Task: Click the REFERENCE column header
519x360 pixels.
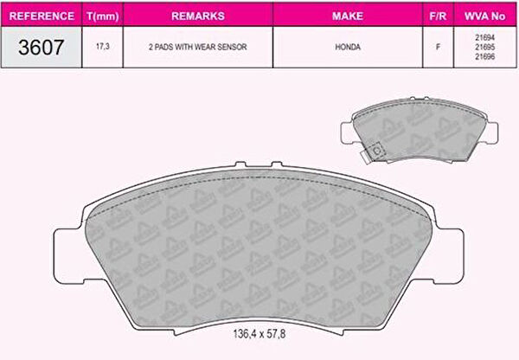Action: point(42,16)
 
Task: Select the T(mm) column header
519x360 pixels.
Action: point(103,16)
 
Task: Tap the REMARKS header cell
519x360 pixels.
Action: point(198,16)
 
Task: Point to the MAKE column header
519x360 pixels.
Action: point(348,16)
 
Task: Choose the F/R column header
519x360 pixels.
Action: point(438,16)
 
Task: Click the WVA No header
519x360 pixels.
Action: point(484,16)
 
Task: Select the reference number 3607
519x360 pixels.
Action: point(41,47)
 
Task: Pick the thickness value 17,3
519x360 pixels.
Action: point(103,47)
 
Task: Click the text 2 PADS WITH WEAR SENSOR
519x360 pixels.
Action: point(198,47)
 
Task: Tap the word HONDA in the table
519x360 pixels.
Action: point(348,47)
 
